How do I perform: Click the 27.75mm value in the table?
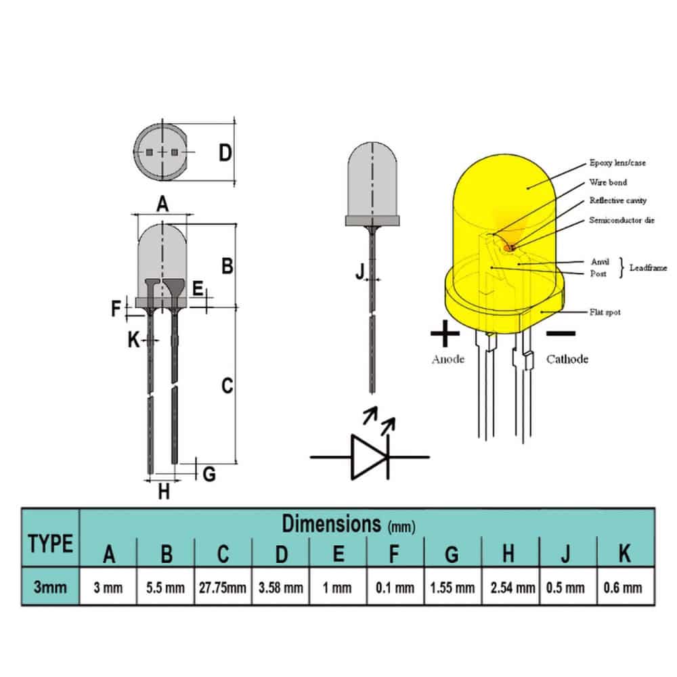coord(223,587)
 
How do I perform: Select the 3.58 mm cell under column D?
coord(280,587)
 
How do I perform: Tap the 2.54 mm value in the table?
coord(509,587)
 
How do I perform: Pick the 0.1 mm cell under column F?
coord(395,587)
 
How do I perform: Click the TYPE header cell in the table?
coord(51,543)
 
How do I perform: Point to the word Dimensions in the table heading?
coord(331,523)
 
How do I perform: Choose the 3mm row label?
coord(51,587)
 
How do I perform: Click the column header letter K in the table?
coord(625,554)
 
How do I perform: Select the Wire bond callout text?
coord(608,182)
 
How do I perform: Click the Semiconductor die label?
coord(621,220)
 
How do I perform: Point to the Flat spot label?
coord(605,312)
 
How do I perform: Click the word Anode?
coord(448,359)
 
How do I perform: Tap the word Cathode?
coord(567,359)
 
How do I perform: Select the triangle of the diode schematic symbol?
coord(367,457)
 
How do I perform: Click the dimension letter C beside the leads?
coord(227,386)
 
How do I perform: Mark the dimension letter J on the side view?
coord(361,271)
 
